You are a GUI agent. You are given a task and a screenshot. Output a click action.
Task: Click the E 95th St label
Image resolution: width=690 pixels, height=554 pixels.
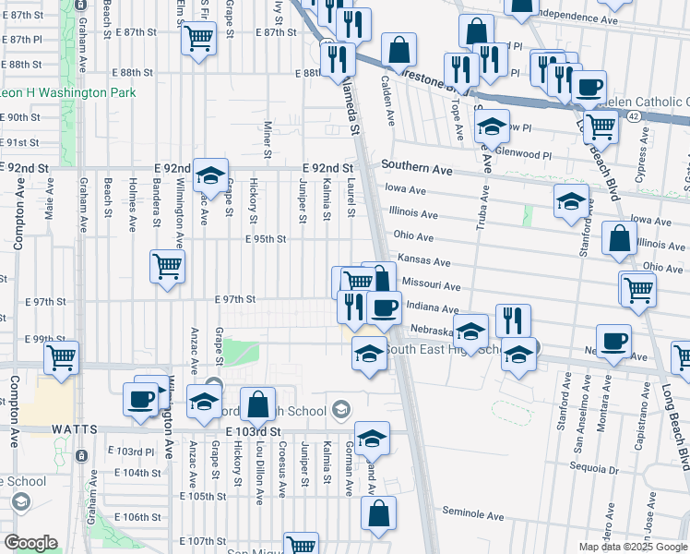pos(266,238)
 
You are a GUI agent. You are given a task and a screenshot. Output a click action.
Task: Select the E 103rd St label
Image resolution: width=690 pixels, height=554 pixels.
pos(252,431)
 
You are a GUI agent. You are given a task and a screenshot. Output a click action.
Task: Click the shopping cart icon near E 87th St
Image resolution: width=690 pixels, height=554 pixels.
pos(198,39)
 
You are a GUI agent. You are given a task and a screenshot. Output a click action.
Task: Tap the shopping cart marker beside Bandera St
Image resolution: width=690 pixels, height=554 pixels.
pos(167,268)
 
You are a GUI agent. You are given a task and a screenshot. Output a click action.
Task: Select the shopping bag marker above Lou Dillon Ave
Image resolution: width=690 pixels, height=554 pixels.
pos(257,403)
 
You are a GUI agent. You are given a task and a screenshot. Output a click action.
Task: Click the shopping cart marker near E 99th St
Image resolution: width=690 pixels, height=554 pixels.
pos(61,357)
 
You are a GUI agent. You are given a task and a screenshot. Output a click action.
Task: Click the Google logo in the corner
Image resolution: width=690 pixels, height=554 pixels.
pos(30,543)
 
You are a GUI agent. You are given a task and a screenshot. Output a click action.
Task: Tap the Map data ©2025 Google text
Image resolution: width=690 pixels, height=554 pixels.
pos(633,547)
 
